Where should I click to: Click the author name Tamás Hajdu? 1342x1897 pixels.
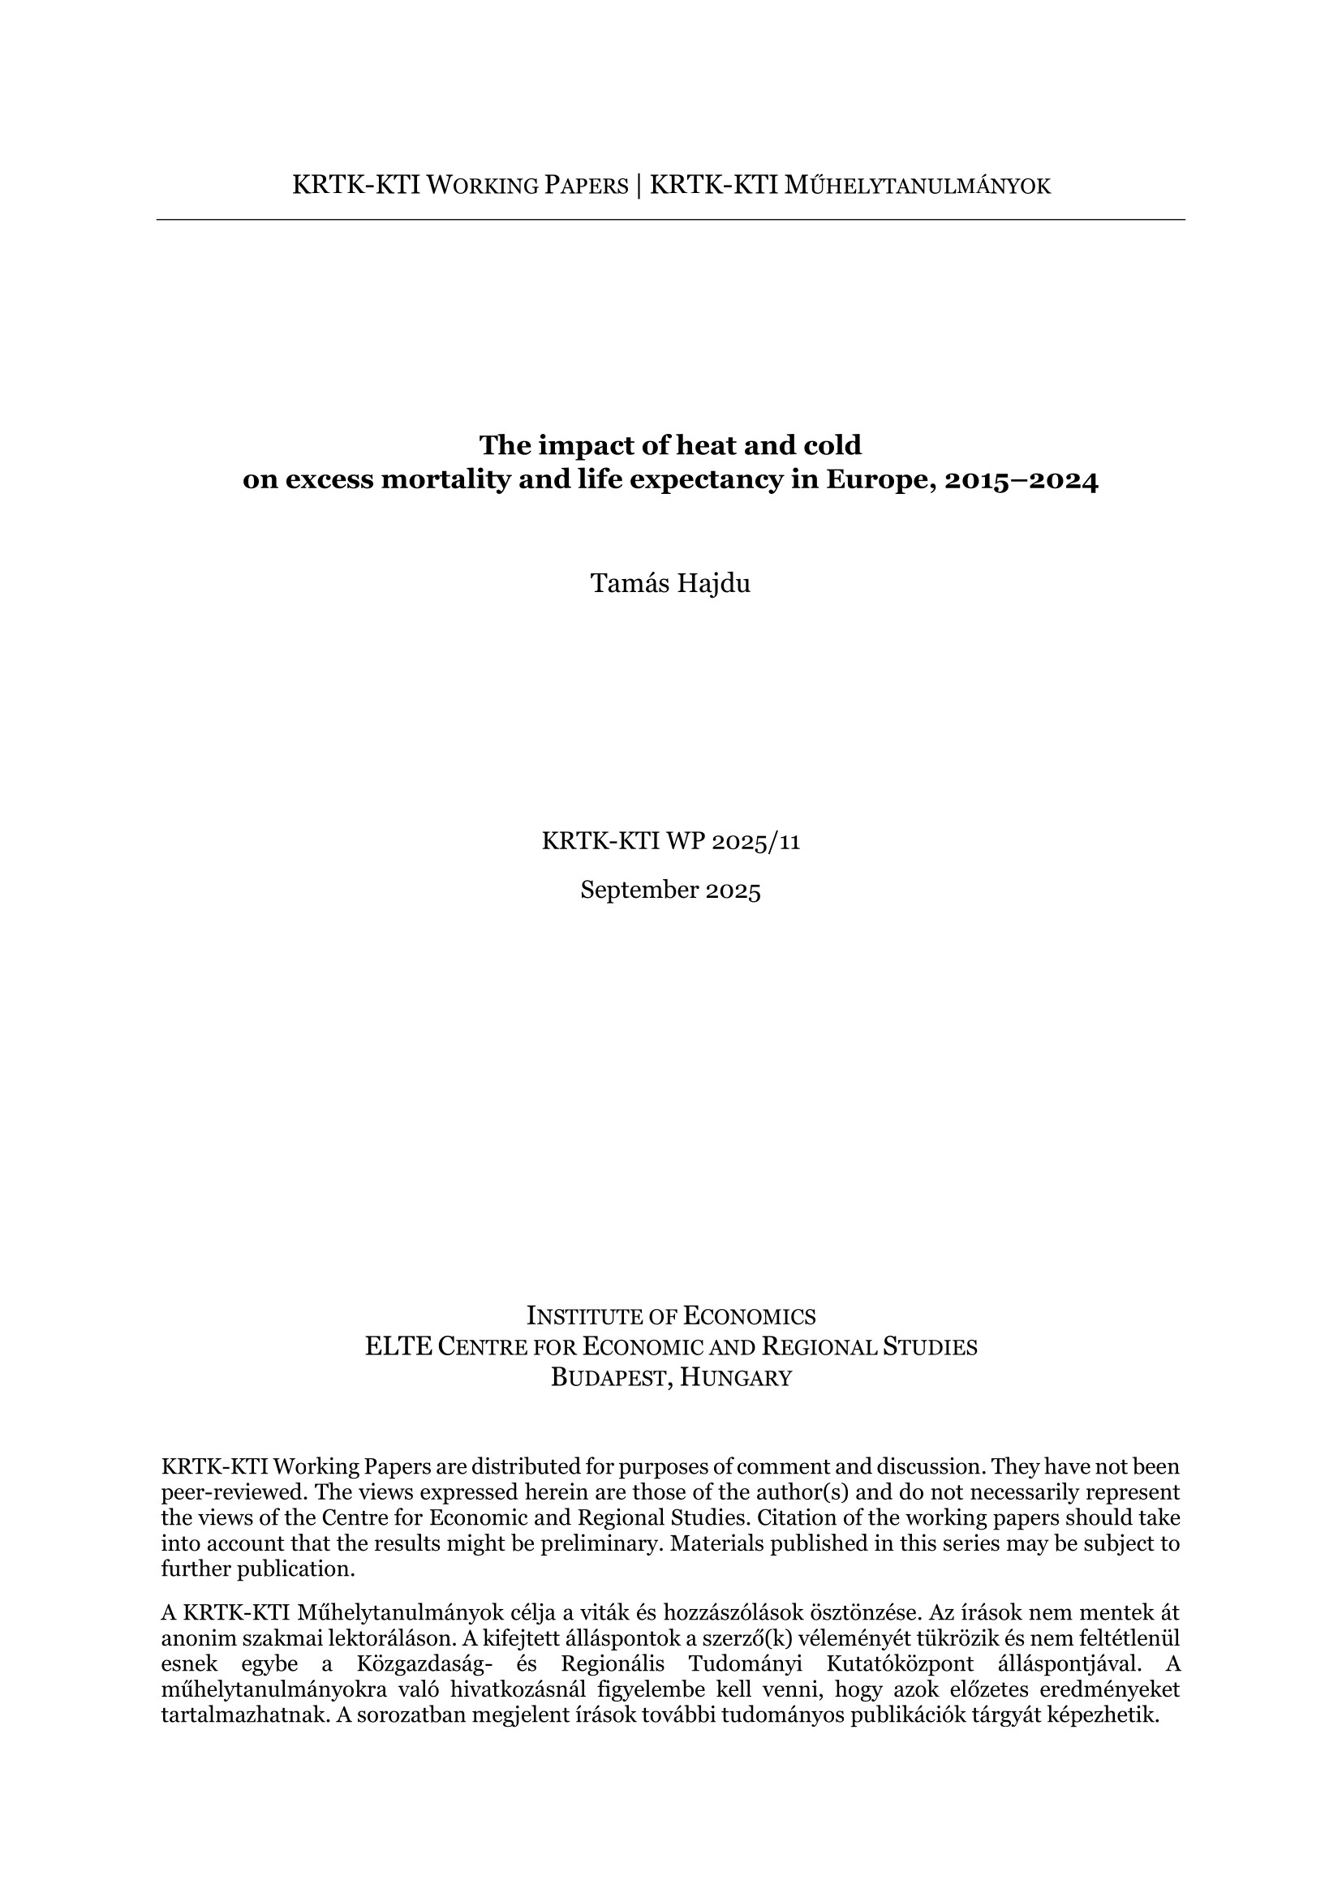point(670,584)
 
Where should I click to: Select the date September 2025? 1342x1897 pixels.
point(670,890)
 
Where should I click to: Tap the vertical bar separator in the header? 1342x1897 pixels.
point(639,186)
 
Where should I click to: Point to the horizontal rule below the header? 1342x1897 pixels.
point(670,220)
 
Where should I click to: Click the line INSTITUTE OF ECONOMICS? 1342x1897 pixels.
point(670,1316)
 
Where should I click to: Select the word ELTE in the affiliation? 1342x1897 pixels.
point(398,1347)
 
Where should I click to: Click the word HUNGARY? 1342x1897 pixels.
point(735,1377)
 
